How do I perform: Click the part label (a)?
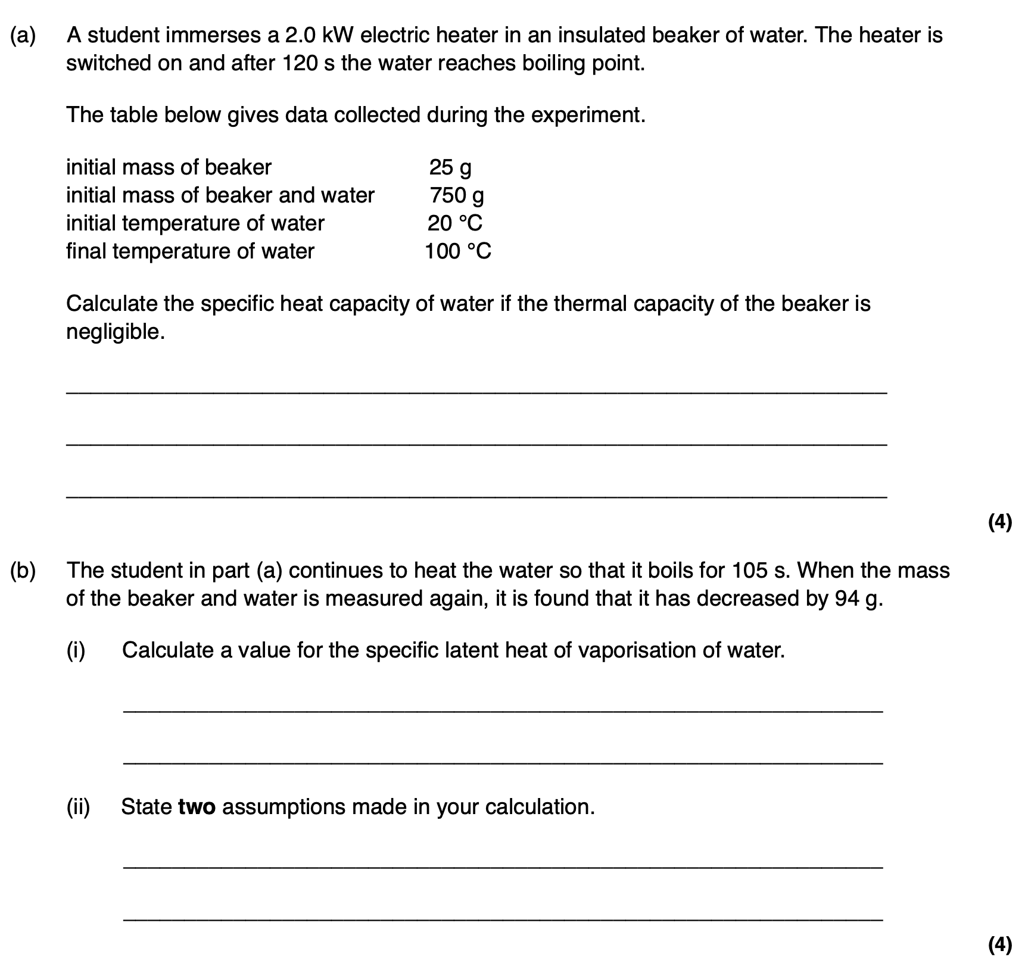(x=23, y=36)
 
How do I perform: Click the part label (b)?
(x=23, y=571)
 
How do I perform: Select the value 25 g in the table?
(x=450, y=168)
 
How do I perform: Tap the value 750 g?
(x=457, y=195)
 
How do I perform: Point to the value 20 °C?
(x=454, y=223)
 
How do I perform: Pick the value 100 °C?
(x=457, y=251)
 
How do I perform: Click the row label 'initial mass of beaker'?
(x=169, y=167)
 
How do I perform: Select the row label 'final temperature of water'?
(x=190, y=251)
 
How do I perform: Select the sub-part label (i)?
(x=76, y=650)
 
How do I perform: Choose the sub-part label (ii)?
(x=78, y=807)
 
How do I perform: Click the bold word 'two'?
(x=197, y=807)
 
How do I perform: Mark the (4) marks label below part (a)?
(x=999, y=522)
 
